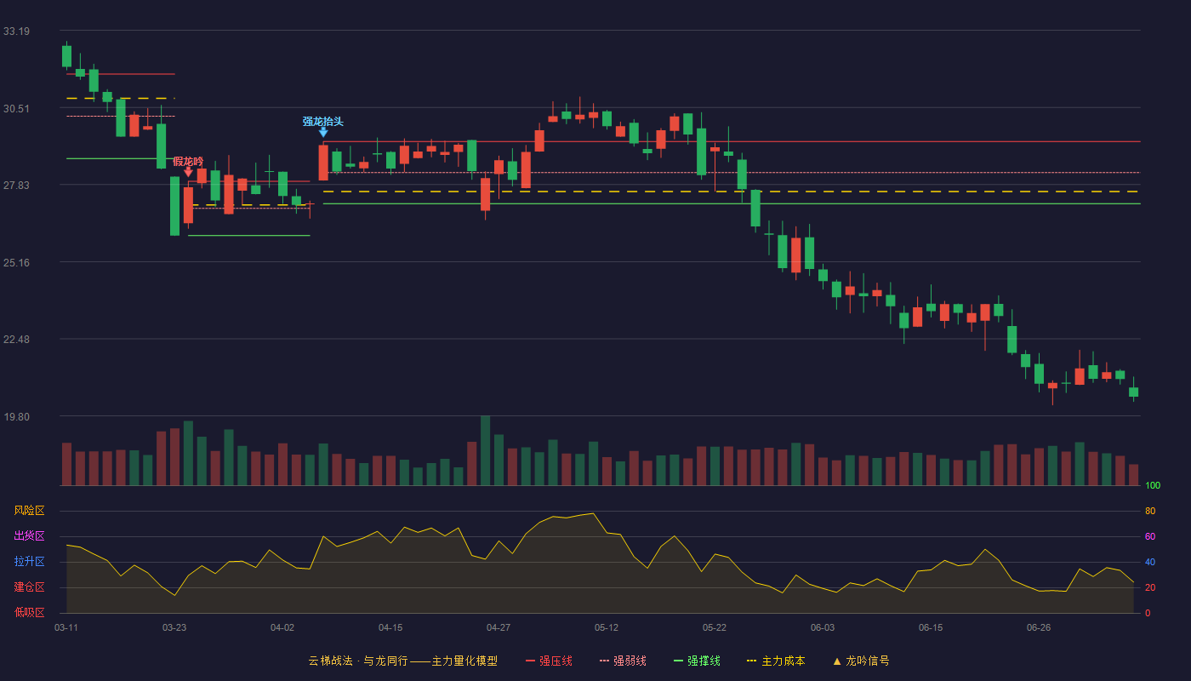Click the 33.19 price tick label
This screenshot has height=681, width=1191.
point(16,31)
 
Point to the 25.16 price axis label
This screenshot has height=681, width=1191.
point(16,263)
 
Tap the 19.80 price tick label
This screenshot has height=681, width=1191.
point(16,417)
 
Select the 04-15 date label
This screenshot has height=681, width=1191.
point(390,628)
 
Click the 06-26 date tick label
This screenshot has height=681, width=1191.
point(1039,628)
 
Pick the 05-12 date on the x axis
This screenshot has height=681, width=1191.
point(606,628)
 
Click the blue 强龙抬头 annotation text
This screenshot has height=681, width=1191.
point(322,121)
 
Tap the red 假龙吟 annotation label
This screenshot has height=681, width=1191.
point(188,161)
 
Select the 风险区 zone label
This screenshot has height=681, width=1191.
point(29,511)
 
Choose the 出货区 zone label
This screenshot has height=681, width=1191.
point(29,535)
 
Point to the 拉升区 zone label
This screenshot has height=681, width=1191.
point(29,561)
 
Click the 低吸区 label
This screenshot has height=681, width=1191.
point(29,612)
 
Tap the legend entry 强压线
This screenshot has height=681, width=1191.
point(549,661)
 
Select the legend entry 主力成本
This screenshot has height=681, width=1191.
point(776,661)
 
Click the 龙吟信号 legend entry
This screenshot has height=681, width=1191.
point(861,661)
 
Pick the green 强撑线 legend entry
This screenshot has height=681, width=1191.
point(697,661)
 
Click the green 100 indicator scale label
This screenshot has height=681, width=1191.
point(1153,485)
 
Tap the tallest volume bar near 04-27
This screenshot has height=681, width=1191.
point(485,450)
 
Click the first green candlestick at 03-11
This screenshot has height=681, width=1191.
point(66,56)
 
